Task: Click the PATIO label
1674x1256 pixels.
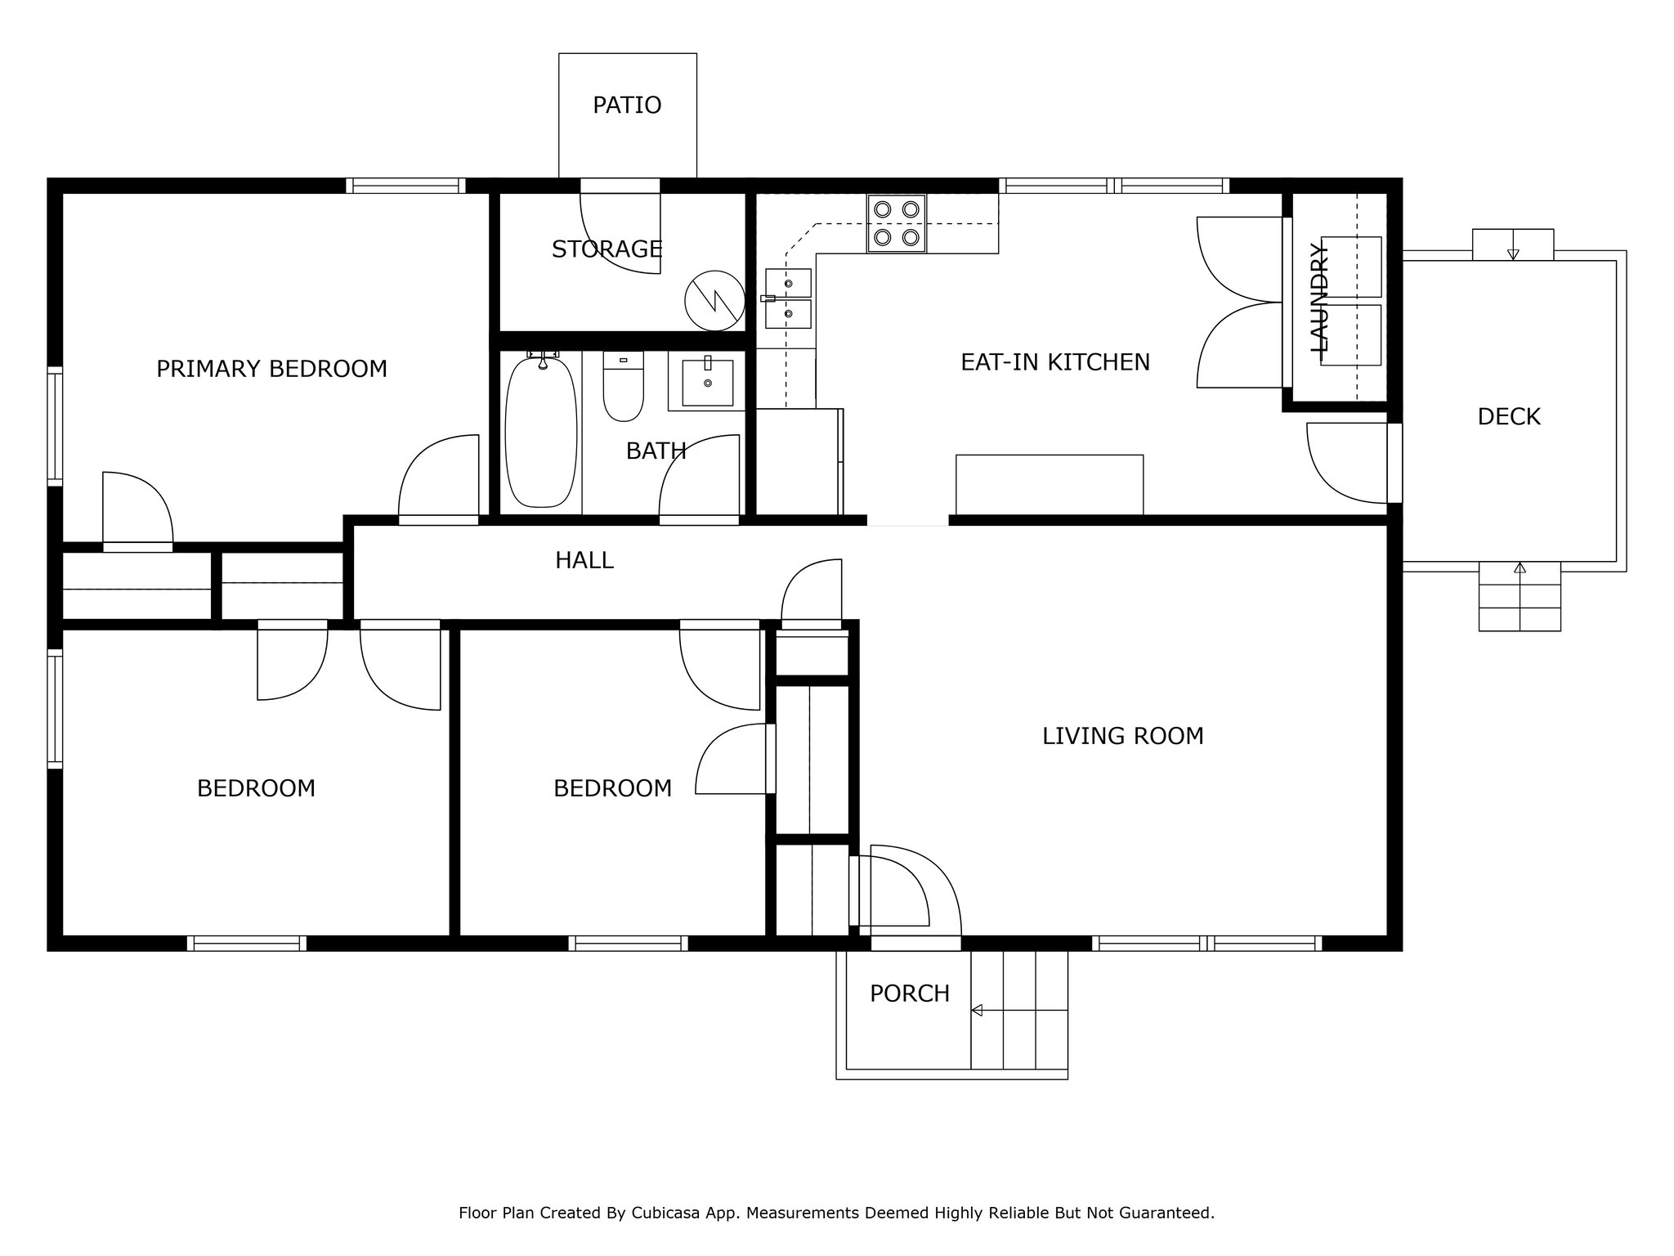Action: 627,105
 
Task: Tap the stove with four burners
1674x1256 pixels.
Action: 897,223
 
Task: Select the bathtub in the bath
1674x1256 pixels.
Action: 540,432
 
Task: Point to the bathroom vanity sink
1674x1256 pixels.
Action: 707,382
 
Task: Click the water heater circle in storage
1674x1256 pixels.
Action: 714,301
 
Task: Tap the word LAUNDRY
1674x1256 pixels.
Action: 1320,298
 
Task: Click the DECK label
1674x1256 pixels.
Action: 1509,417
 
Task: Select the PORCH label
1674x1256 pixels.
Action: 910,994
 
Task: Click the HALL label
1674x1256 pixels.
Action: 584,560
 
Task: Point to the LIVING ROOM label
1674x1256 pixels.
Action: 1123,736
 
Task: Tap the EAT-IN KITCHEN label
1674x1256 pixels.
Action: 1055,362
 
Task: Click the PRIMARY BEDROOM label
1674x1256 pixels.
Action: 271,369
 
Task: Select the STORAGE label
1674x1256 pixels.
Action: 606,249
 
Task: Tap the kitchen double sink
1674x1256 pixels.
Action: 789,298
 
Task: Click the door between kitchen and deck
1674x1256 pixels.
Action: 1349,463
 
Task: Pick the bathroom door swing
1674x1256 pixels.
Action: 700,479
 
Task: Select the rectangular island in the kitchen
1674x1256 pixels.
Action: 1050,485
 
